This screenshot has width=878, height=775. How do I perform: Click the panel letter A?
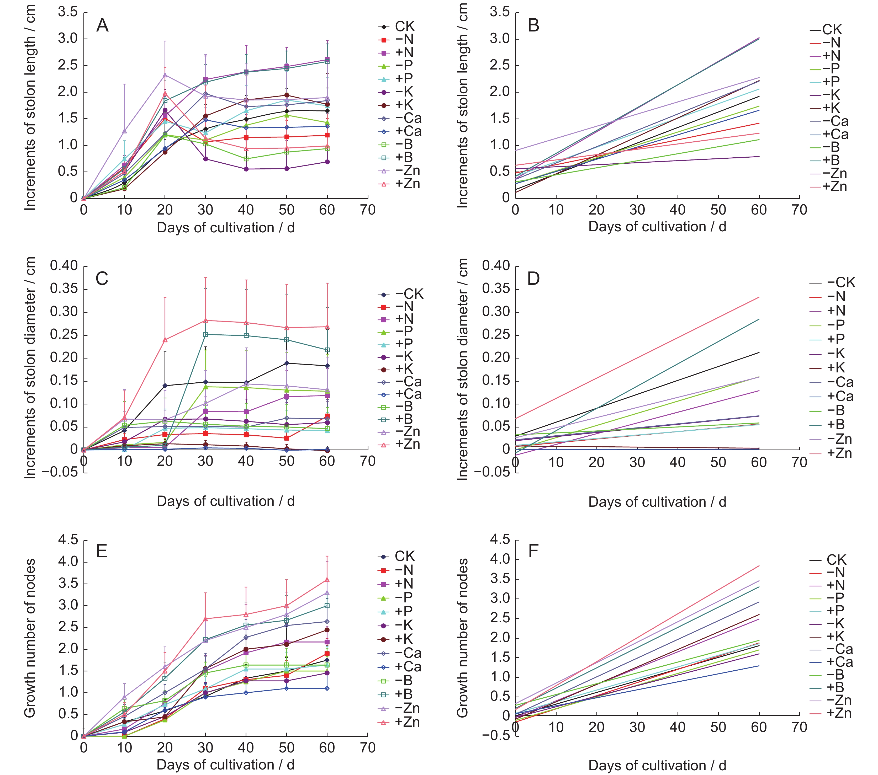102,25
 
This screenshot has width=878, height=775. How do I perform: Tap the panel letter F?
533,550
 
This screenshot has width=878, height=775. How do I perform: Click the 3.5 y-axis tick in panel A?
68,12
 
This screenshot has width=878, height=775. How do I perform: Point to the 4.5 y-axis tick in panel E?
68,540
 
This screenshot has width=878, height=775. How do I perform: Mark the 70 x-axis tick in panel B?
799,210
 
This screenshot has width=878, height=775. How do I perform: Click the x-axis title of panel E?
225,765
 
